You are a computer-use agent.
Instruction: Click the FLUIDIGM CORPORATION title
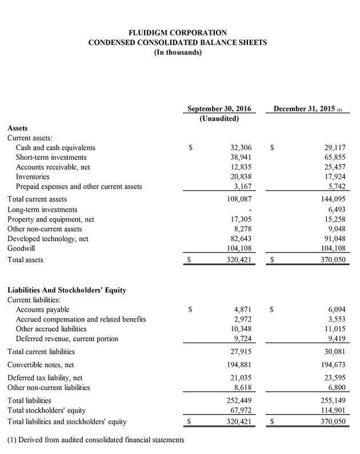coord(178,33)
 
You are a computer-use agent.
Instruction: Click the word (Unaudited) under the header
coord(219,119)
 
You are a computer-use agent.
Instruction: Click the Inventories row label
coord(33,177)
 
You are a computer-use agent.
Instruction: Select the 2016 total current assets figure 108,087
coord(237,199)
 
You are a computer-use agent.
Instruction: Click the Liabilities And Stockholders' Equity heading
coord(67,290)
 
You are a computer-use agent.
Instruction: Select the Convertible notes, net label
coord(41,364)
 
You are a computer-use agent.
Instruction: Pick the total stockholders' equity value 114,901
coord(331,411)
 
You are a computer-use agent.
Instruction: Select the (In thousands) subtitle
coord(178,52)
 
